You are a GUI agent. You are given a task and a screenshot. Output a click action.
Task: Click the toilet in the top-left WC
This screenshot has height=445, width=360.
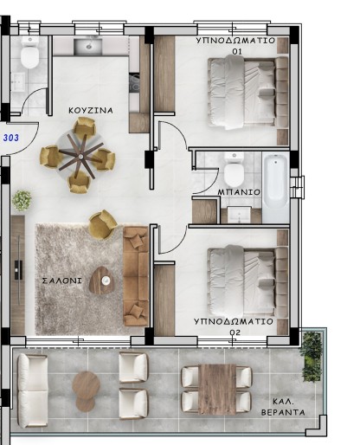pos(30,57)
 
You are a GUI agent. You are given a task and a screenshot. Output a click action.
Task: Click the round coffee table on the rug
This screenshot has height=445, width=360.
pos(103,278)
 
